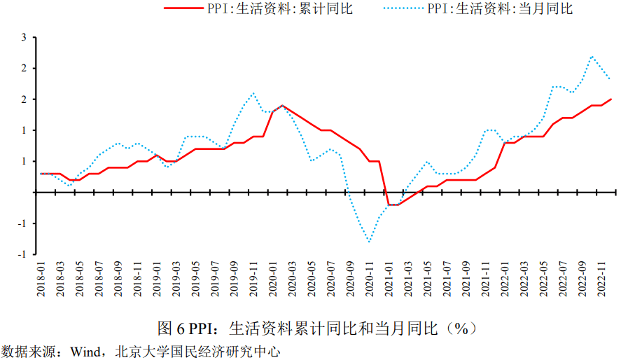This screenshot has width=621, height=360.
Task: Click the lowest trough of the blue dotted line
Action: click(369, 242)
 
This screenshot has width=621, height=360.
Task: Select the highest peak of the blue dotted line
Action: click(592, 56)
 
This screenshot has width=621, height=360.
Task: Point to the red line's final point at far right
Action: click(611, 99)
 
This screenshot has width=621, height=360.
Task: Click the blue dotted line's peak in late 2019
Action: click(253, 93)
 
